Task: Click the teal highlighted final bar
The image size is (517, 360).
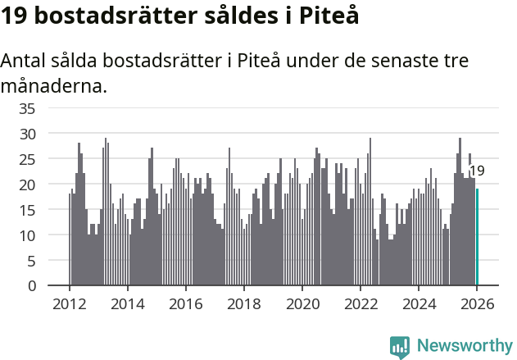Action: pos(478,237)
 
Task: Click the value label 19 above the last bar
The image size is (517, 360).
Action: pos(476,171)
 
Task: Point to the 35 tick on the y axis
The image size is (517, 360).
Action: pos(27,107)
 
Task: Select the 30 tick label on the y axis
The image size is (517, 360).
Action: pos(27,133)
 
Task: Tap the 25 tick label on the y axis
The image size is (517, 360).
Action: pos(27,158)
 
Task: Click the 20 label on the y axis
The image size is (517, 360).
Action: pos(27,185)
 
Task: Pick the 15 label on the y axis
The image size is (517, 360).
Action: pos(27,210)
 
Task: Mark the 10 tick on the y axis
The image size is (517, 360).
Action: pos(27,235)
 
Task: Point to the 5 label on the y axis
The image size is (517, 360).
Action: pos(31,261)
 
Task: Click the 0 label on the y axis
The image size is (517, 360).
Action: pos(31,286)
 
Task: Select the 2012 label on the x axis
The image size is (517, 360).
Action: pos(69,303)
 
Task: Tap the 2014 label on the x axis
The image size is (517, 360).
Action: pos(127,303)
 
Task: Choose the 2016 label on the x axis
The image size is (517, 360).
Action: pos(185,303)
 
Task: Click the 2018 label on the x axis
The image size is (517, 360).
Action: pos(243,303)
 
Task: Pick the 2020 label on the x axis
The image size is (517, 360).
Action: pos(302,303)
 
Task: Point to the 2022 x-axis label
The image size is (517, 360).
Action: pos(361,303)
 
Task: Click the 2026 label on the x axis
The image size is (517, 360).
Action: pos(477,303)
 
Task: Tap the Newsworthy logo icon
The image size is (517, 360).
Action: pos(400,346)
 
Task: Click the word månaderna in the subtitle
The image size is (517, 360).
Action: pos(54,85)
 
